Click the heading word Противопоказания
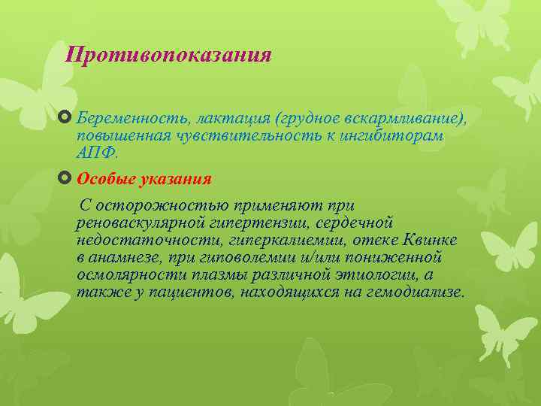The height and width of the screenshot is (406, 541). (x=168, y=55)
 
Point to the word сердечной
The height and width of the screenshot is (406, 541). (x=355, y=223)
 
